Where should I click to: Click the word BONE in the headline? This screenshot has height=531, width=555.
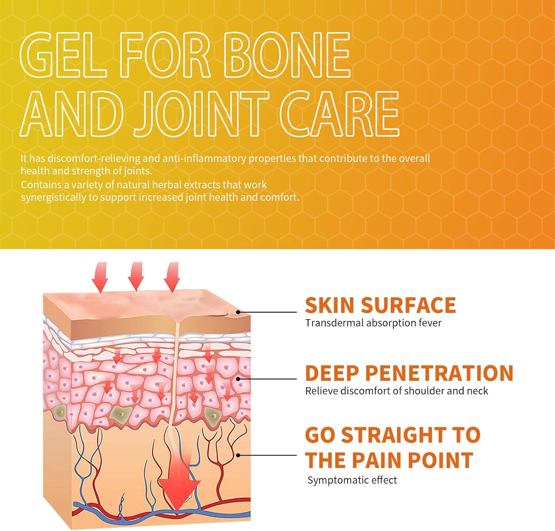click(x=287, y=56)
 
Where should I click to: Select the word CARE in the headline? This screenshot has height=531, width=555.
click(x=340, y=113)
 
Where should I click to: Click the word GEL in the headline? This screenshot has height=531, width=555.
click(x=63, y=56)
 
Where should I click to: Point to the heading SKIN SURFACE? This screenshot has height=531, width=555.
click(x=380, y=305)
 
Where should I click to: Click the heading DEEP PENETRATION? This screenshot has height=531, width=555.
click(x=409, y=373)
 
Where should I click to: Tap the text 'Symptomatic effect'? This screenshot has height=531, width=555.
click(x=352, y=480)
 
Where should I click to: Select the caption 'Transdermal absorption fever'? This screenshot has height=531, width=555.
click(x=373, y=323)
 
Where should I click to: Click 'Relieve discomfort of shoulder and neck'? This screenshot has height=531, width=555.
click(x=397, y=391)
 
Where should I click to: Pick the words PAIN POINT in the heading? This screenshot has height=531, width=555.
click(x=412, y=460)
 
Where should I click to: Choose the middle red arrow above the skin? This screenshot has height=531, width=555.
click(x=135, y=276)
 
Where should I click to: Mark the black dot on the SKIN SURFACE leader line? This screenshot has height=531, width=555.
click(x=238, y=312)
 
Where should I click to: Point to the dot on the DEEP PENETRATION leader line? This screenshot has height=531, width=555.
click(x=238, y=379)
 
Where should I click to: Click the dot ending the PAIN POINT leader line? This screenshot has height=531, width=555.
click(x=238, y=455)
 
